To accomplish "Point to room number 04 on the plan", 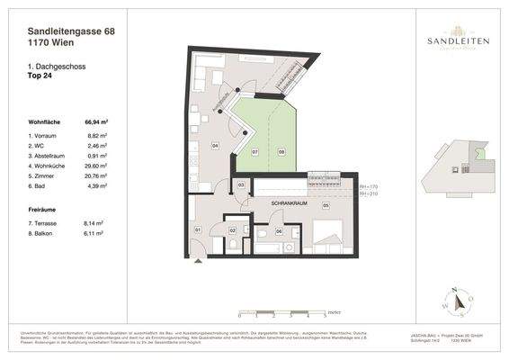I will (x=215, y=144).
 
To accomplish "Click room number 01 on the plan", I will (x=198, y=230).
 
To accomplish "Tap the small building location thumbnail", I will (x=460, y=162).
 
